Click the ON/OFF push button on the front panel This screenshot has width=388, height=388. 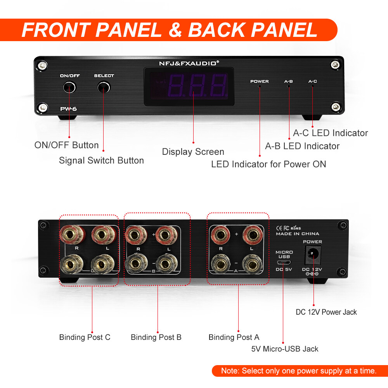click(x=69, y=87)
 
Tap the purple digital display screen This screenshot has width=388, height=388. click(x=189, y=87)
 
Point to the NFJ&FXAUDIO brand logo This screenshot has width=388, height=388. click(x=189, y=63)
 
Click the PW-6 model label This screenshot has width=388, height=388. click(x=69, y=109)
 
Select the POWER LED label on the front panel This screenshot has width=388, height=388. click(x=259, y=81)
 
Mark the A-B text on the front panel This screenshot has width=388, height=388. click(x=288, y=81)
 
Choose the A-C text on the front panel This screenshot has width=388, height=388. click(x=312, y=81)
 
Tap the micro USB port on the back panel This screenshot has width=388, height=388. click(x=284, y=262)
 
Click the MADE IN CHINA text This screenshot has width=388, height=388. click(x=298, y=234)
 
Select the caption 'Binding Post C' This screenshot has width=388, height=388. click(x=85, y=337)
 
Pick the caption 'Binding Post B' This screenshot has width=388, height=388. click(x=156, y=337)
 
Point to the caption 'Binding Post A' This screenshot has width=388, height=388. click(x=234, y=337)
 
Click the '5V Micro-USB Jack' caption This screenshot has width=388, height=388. click(x=284, y=349)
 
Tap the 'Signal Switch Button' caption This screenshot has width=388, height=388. click(x=101, y=161)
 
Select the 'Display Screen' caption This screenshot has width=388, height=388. click(x=193, y=152)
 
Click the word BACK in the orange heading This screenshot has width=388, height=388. click(x=216, y=30)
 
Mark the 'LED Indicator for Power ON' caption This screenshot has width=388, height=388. click(x=268, y=164)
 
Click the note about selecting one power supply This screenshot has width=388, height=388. click(x=299, y=371)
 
